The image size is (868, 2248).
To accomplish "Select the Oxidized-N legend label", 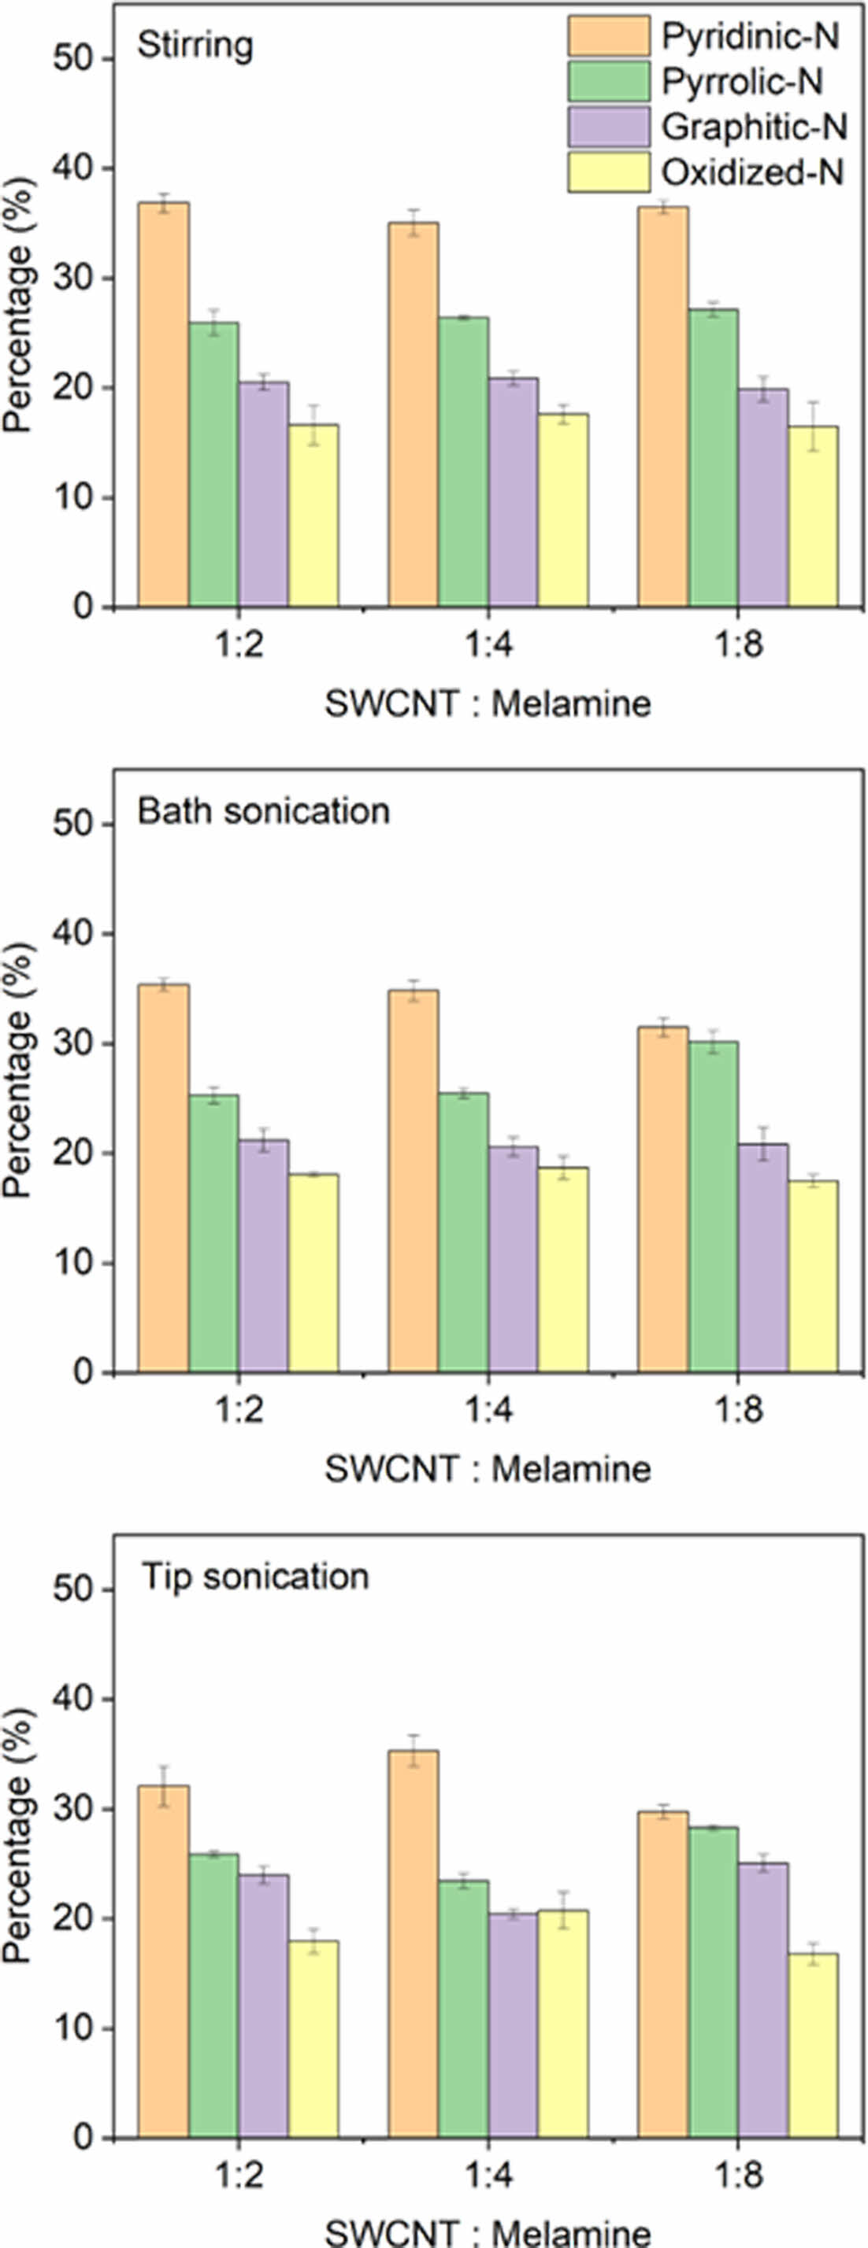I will coord(753,173).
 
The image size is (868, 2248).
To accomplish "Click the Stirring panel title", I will coord(195,46).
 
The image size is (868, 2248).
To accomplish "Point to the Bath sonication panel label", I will coord(264,811).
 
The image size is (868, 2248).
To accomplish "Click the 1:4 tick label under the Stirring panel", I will coord(488,648).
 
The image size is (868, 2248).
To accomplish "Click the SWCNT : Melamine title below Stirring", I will coord(488,703).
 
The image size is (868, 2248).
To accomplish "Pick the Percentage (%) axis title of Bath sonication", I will coord(17,1069).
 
